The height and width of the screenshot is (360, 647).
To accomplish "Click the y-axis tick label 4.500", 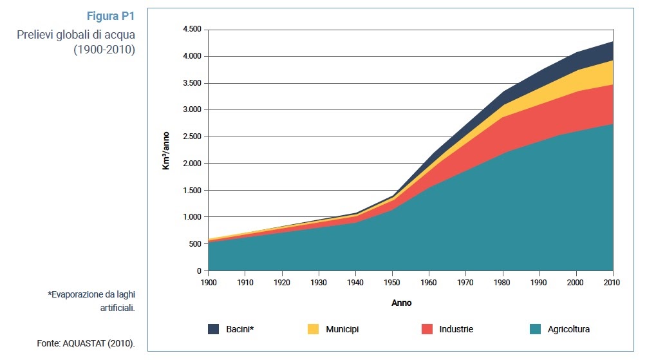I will pos(192,30).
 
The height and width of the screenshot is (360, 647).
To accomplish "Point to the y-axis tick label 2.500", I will pos(192,137).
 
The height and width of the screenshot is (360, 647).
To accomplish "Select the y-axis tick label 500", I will pos(195,244).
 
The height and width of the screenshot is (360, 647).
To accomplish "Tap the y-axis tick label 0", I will pos(199,271).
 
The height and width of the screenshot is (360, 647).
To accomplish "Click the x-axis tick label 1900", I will pos(208,283).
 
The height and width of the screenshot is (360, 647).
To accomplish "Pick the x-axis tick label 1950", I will pos(392,283).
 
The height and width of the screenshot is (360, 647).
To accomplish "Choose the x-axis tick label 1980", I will pos(502,283).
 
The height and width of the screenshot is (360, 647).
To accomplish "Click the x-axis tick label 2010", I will pos(612,283).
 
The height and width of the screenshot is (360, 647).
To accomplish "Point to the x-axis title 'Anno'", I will pos(401,303).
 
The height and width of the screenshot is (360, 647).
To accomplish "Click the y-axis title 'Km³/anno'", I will pos(166,149).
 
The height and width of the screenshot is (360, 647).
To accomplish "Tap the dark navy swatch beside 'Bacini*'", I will pos(213,329).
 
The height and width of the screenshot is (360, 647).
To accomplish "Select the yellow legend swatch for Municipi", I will pos(313,329).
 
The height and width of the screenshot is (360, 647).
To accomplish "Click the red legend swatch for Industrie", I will pos(427,329).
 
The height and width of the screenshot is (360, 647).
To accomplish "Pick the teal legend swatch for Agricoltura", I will pos(535,329).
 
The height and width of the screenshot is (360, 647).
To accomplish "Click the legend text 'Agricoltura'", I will pos(568,329).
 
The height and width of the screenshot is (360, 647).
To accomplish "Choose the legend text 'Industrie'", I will pos(456,329).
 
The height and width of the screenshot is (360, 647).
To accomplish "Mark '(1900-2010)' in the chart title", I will pos(104,50).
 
